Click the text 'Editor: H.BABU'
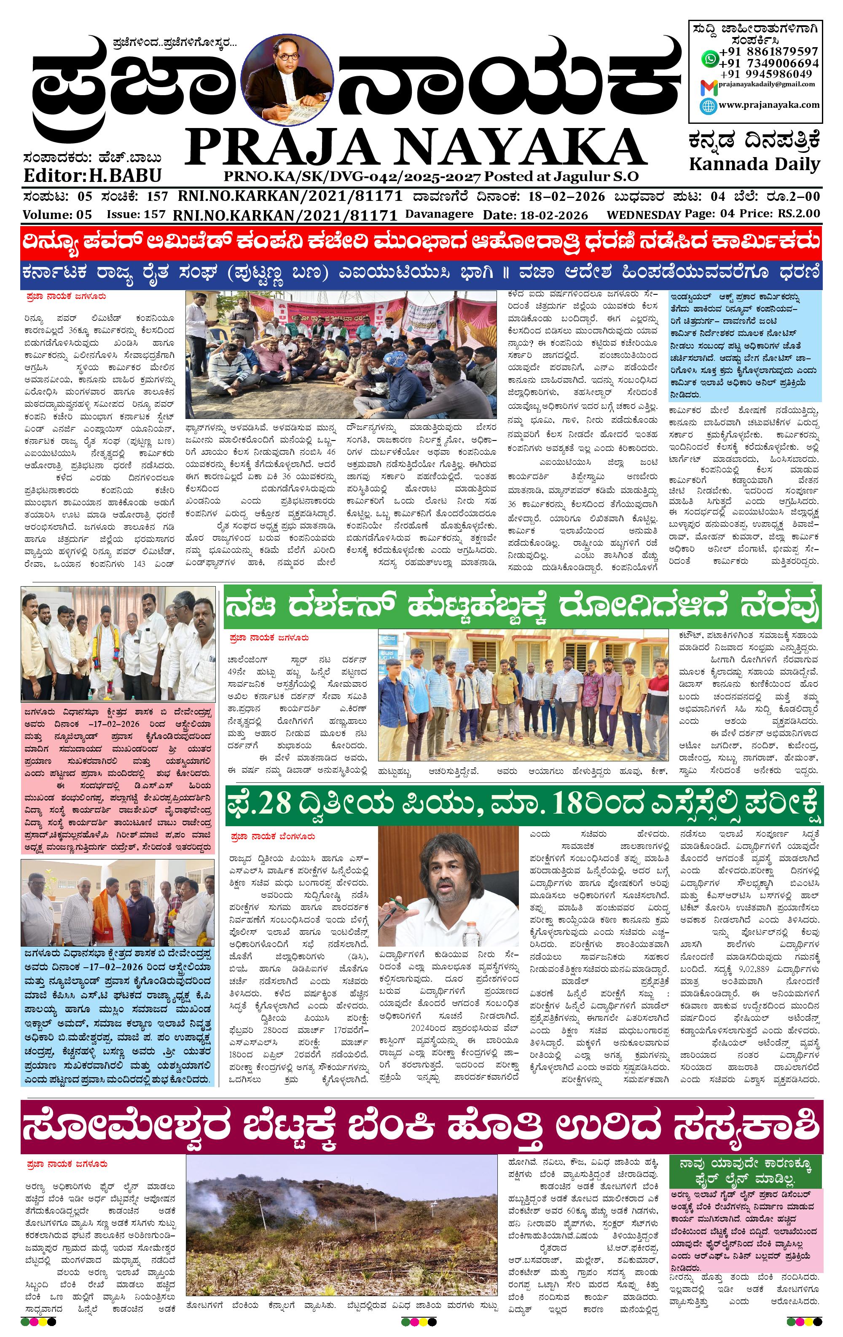coord(92,176)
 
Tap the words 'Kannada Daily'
coord(754,164)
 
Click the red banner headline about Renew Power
coord(421,242)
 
